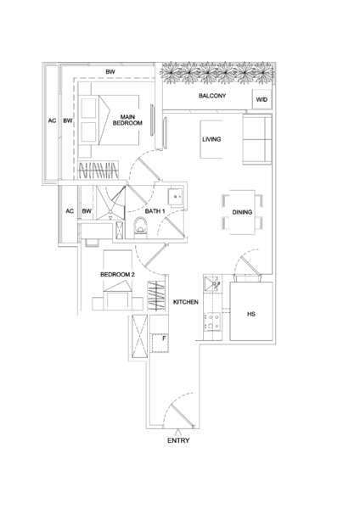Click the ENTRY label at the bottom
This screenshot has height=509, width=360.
[x=178, y=440]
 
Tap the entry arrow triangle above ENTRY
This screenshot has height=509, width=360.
[x=177, y=432]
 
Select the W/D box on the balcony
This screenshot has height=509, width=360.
[x=262, y=99]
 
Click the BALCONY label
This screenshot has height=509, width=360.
[x=212, y=96]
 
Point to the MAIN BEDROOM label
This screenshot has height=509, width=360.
[x=127, y=120]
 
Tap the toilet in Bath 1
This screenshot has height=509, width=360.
[x=141, y=226]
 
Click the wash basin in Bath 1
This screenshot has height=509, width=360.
[x=176, y=197]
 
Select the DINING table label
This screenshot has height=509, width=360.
[x=242, y=212]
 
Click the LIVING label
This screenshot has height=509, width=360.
[x=211, y=139]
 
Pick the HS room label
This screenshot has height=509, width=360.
[x=251, y=314]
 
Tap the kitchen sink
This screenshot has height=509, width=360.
[x=212, y=283]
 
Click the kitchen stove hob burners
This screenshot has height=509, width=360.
[x=212, y=322]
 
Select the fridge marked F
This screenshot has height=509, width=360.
[x=160, y=343]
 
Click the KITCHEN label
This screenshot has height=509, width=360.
[x=186, y=302]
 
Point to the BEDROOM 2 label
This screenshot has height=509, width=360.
[x=117, y=275]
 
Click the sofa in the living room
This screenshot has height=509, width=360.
[x=257, y=139]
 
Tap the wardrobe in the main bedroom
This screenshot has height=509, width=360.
[x=98, y=170]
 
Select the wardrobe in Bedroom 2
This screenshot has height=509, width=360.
[x=156, y=295]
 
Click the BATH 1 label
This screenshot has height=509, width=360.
[x=155, y=211]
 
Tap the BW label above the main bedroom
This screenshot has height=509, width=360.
[x=110, y=72]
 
